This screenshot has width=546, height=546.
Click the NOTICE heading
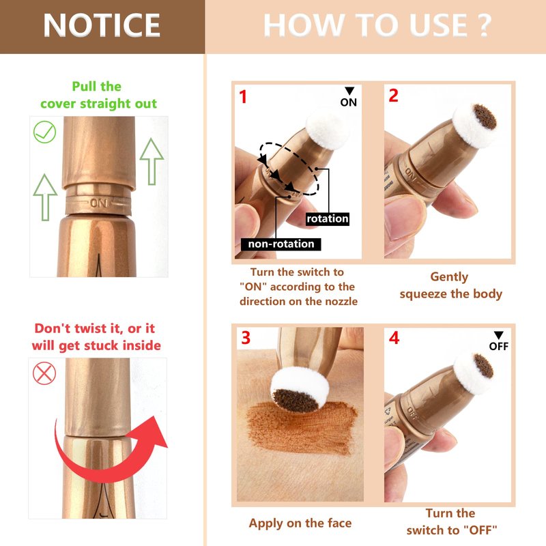coord(101,25)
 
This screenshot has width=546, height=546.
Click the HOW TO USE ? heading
coord(377,25)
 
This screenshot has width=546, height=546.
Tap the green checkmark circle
coord(44,132)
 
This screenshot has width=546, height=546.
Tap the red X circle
coord(44,373)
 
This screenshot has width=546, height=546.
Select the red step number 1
coord(243,97)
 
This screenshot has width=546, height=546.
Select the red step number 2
coord(394,96)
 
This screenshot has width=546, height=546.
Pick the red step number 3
coord(246,338)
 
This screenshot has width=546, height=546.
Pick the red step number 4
coord(394,338)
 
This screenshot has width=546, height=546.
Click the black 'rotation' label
coord(328,218)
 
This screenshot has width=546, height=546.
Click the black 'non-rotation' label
coord(281,244)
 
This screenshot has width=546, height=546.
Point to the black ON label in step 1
coord(349,102)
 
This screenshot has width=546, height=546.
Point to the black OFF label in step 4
coord(499,346)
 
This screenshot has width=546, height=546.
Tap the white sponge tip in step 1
coord(327,128)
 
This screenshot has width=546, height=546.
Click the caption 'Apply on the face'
coord(300,523)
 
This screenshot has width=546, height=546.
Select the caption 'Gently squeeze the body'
coord(450,285)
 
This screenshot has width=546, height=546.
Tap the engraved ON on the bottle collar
coord(98,203)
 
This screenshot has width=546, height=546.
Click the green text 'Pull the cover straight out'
coord(98,95)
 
